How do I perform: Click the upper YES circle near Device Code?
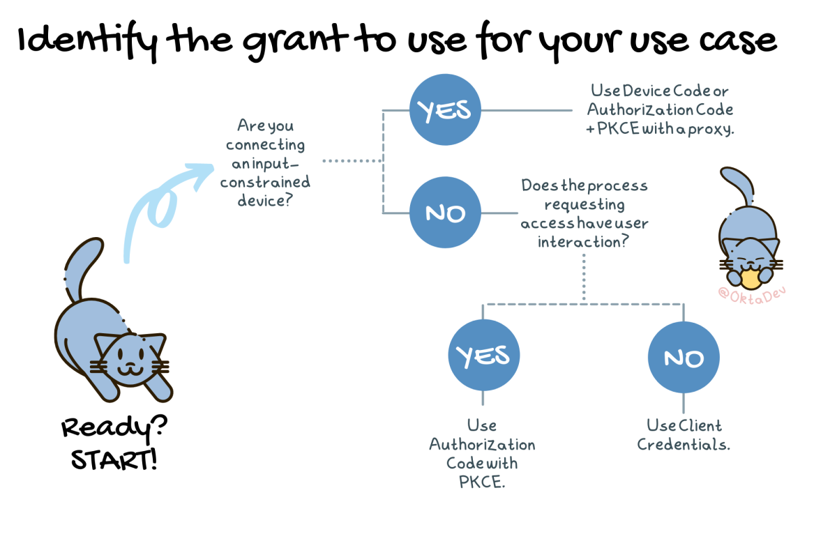445,109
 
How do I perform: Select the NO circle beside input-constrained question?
445,213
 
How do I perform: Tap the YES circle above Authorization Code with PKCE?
484,355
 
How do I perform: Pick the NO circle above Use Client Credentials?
684,358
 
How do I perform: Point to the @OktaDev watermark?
752,296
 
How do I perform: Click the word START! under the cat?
114,460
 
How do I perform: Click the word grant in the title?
296,42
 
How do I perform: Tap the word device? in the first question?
265,201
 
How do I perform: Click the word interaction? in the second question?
583,242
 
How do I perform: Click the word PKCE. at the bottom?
482,482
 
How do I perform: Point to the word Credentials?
684,445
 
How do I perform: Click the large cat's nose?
130,364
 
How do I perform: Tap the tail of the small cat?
738,185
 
